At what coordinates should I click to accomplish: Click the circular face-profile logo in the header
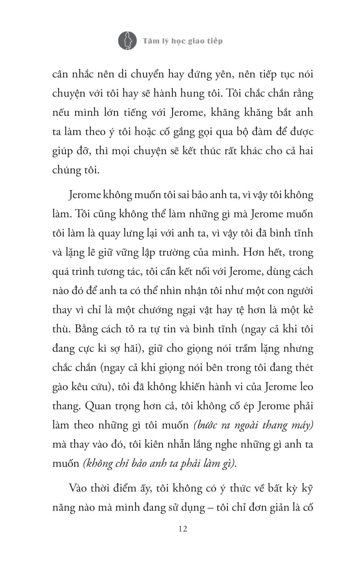(x=127, y=40)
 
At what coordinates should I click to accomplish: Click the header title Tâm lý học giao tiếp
(x=183, y=41)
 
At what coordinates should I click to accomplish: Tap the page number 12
(x=183, y=529)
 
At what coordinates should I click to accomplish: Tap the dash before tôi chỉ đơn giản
(x=210, y=507)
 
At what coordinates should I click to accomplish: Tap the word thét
(x=303, y=368)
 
